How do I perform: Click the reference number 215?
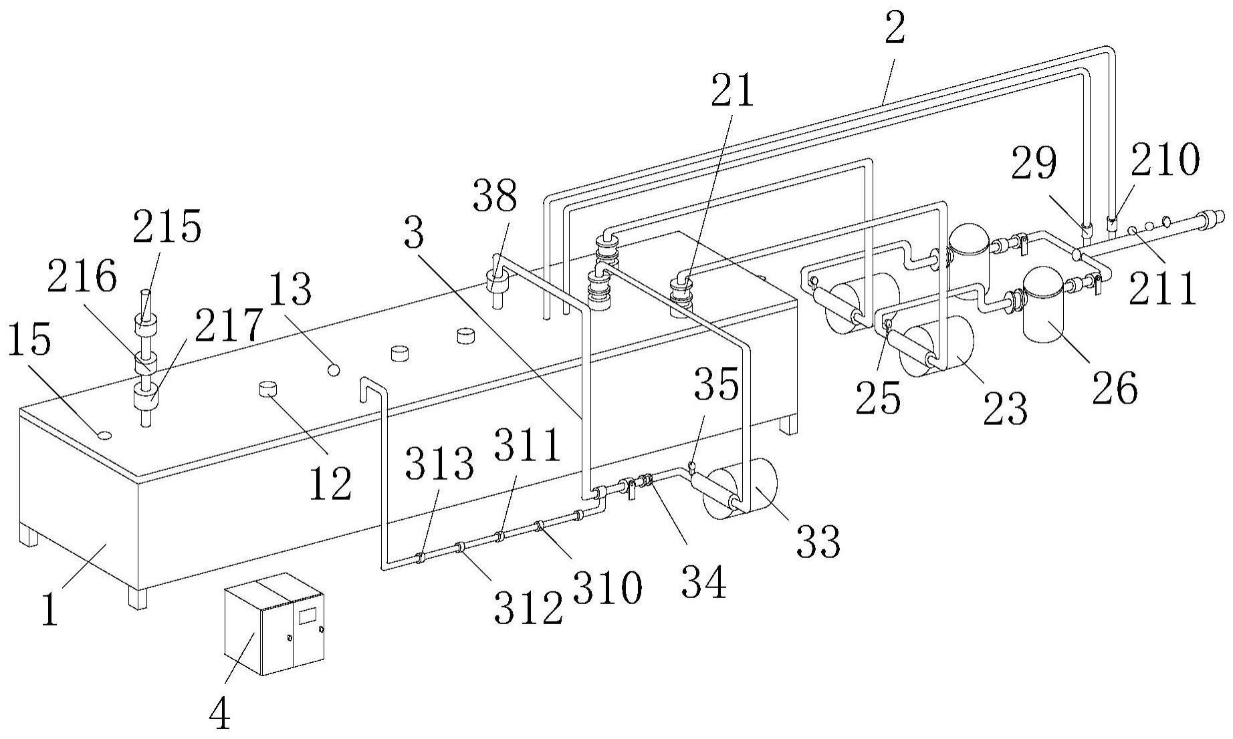(x=166, y=229)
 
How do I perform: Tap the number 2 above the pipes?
(x=895, y=29)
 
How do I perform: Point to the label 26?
(x=1114, y=389)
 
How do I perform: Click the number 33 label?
(x=818, y=541)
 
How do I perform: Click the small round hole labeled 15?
(x=104, y=435)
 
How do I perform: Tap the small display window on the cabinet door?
(x=307, y=615)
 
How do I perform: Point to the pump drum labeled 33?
(x=742, y=491)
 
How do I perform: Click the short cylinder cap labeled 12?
(x=268, y=389)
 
